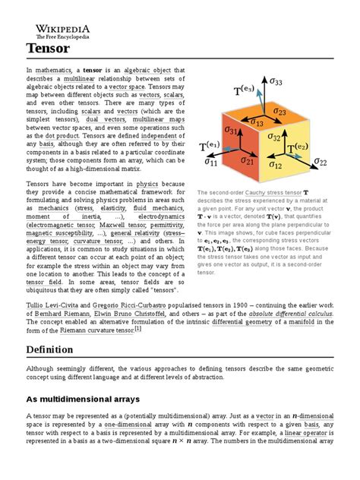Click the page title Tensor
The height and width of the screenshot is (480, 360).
pos(47,49)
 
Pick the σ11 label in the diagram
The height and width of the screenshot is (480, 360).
pos(207,162)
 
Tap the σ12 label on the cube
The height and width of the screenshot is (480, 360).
pos(275,164)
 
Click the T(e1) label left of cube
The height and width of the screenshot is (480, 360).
pos(210,146)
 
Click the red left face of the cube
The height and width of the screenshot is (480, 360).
pos(239,152)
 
